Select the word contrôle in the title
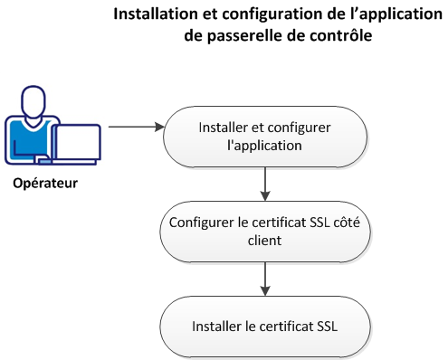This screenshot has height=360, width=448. [340, 36]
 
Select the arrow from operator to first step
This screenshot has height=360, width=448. [135, 127]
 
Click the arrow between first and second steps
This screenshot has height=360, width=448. [264, 183]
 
